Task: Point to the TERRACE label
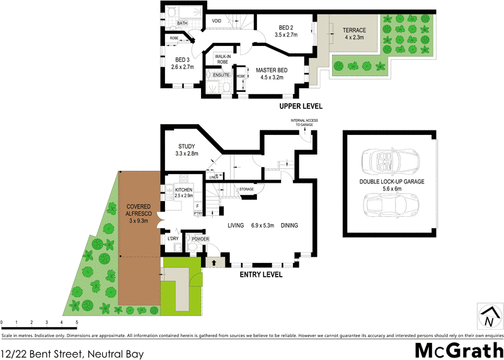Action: coord(354,30)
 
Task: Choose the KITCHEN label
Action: coord(184,190)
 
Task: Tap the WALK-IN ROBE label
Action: coord(222,59)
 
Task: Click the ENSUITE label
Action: coord(221,76)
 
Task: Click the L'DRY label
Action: coord(173,240)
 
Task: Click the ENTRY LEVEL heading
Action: coord(261,275)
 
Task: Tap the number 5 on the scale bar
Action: coord(77,323)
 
